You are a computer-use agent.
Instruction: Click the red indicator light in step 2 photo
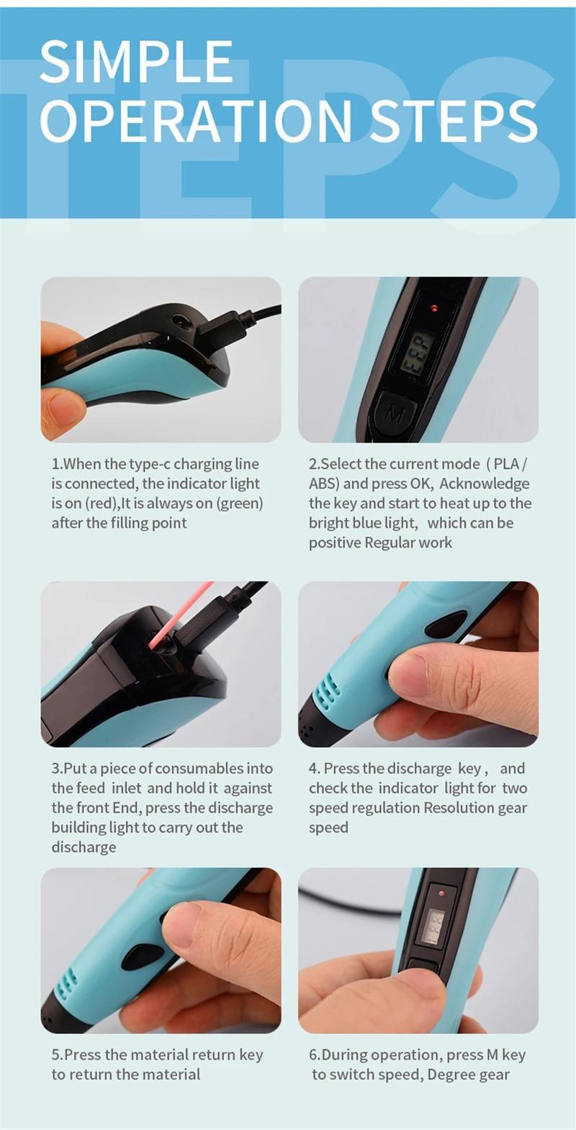[435, 309]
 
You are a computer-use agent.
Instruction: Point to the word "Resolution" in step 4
[459, 808]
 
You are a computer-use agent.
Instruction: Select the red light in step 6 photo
[441, 893]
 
